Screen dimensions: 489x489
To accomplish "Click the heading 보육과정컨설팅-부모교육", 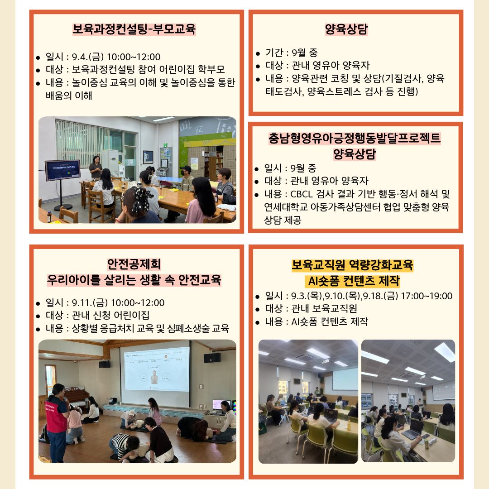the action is (x=134, y=29).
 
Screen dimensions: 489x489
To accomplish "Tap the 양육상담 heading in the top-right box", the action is (x=346, y=29).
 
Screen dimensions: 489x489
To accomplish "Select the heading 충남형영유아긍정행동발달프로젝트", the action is (x=355, y=138).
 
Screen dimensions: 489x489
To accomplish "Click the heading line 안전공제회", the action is (x=134, y=264).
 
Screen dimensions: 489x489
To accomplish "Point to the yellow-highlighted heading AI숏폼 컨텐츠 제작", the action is (x=354, y=281).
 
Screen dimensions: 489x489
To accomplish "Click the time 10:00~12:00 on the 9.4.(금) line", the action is (x=134, y=57).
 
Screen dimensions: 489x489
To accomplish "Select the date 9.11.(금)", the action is (x=90, y=303).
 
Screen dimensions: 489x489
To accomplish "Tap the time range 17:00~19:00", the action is (x=427, y=296).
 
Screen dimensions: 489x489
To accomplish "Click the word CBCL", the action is (x=301, y=194).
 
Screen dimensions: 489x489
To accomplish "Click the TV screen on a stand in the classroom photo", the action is (x=62, y=170).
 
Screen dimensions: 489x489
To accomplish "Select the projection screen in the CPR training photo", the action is (x=155, y=369).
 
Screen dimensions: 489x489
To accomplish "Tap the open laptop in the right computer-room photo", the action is (x=412, y=429).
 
